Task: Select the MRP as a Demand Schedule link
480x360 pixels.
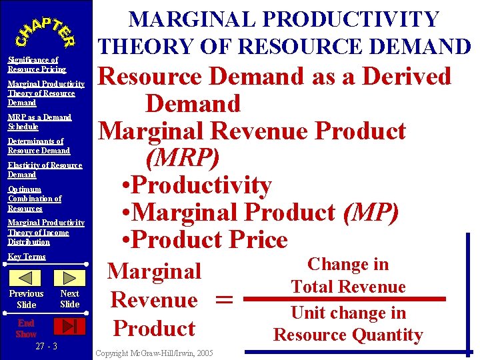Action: point(39,122)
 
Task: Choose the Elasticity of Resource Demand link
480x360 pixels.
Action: point(45,170)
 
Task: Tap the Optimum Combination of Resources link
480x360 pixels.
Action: point(35,199)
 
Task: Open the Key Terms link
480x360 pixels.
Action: point(27,257)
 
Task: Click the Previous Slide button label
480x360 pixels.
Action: point(26,299)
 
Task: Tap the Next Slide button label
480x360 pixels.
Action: point(69,299)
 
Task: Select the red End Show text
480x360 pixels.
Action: point(27,328)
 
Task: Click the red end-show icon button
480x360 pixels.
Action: point(69,325)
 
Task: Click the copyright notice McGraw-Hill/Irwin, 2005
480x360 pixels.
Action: point(155,353)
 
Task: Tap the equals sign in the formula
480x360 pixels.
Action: point(225,301)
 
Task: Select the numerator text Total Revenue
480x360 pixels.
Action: point(348,287)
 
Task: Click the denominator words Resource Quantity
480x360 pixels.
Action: point(348,335)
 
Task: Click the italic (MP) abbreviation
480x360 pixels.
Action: point(371,213)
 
